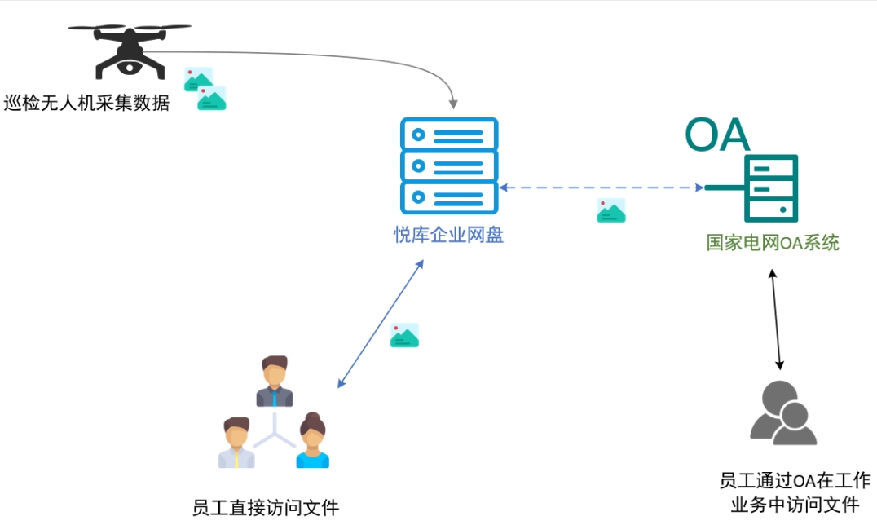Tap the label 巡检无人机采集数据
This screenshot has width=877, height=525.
pyautogui.click(x=86, y=104)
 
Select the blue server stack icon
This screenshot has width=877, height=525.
pyautogui.click(x=448, y=166)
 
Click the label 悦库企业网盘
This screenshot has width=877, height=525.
pyautogui.click(x=448, y=236)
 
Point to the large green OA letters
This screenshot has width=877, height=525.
pyautogui.click(x=716, y=135)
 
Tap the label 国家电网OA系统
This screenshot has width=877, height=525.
pyautogui.click(x=773, y=243)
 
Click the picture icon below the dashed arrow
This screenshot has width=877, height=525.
pyautogui.click(x=611, y=210)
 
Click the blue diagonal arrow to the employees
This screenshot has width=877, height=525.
pyautogui.click(x=381, y=324)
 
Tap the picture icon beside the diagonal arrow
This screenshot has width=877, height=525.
pyautogui.click(x=404, y=335)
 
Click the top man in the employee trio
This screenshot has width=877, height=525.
pyautogui.click(x=275, y=382)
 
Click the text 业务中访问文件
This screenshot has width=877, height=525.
pyautogui.click(x=795, y=505)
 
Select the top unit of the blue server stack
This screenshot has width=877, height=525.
pyautogui.click(x=448, y=134)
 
